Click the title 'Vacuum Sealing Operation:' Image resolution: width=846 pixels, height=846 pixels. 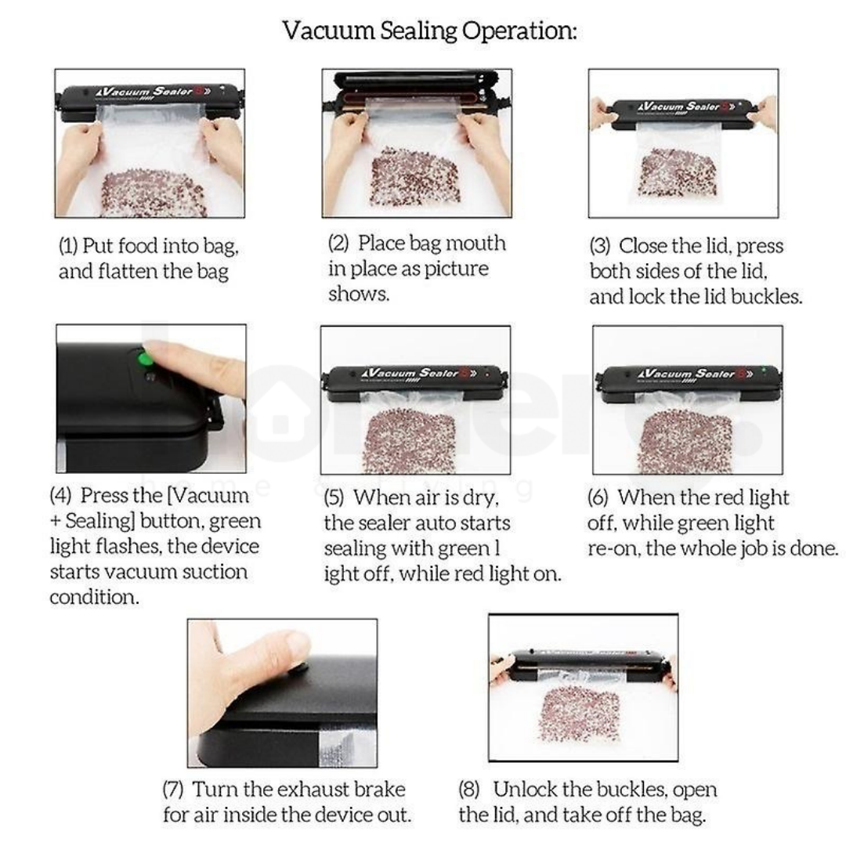pyautogui.click(x=429, y=31)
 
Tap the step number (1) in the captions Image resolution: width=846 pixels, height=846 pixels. pyautogui.click(x=68, y=246)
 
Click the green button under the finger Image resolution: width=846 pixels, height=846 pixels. pyautogui.click(x=144, y=358)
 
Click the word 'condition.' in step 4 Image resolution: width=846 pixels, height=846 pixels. pyautogui.click(x=95, y=597)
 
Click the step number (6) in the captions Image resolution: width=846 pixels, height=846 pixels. pyautogui.click(x=597, y=497)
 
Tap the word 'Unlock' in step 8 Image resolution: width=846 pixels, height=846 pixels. pyautogui.click(x=524, y=790)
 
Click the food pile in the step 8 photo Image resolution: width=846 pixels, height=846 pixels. pyautogui.click(x=580, y=713)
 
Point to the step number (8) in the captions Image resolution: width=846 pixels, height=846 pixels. pyautogui.click(x=469, y=790)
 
